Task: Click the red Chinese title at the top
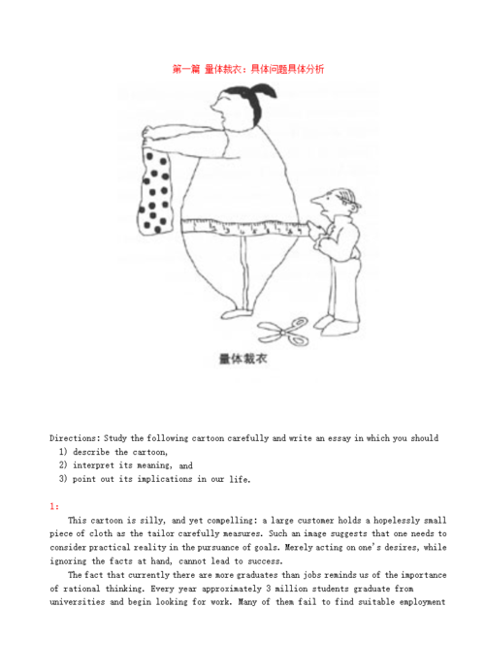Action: coord(247,69)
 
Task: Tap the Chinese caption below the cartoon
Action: coord(243,358)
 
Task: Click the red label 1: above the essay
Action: coord(55,506)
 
